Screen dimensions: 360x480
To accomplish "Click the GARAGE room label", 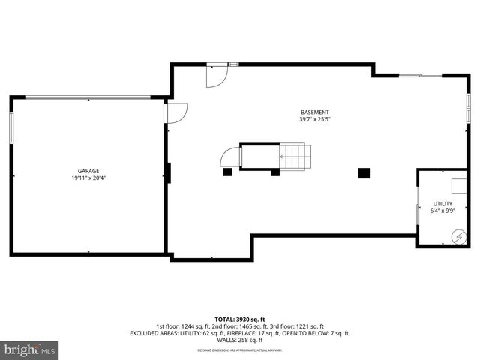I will pos(88,171).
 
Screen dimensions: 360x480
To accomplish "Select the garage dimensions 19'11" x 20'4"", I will pos(88,178).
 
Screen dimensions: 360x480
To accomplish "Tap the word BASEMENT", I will pos(315,112).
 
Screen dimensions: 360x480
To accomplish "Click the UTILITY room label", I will pos(442,204).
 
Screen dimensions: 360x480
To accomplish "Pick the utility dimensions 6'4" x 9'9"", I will pos(442,211).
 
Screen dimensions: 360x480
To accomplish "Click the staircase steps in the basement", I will pos(295,157).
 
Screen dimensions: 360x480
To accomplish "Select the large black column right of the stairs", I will pos(364,172).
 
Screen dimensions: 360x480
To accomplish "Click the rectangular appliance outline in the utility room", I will pos(458,186).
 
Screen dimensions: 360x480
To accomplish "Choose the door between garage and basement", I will pos(175,112).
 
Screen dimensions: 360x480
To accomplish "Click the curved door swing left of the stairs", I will pos(230,157).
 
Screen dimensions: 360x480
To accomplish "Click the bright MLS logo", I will pos(30,349).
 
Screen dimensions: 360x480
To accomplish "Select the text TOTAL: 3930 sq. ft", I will pos(240,319).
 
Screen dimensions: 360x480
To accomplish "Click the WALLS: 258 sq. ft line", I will pos(240,340).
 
